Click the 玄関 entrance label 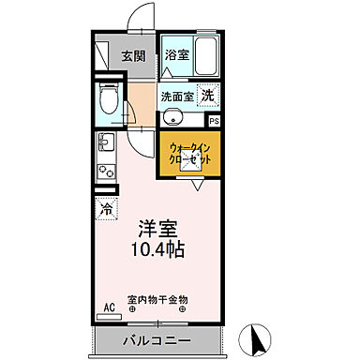[133, 55]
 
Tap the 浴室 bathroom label [177, 54]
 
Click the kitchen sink [104, 143]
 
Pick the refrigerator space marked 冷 [103, 209]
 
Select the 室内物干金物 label [157, 294]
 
